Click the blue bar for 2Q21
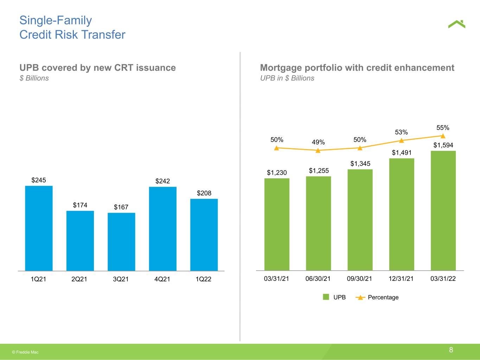click(80, 241)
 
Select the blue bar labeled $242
click(163, 229)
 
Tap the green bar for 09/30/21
click(360, 220)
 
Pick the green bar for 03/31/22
click(443, 211)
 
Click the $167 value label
click(121, 207)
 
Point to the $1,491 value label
click(402, 153)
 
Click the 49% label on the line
click(318, 142)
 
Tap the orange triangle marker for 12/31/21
click(402, 141)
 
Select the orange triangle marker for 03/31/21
click(276, 148)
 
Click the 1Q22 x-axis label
click(203, 279)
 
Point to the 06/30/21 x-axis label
click(318, 279)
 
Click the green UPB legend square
click(326, 297)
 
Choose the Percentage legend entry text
click(383, 297)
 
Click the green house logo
click(456, 24)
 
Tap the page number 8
click(451, 350)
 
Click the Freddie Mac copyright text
click(25, 352)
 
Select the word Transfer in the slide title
click(103, 34)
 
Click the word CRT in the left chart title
click(123, 68)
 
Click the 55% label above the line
click(443, 128)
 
